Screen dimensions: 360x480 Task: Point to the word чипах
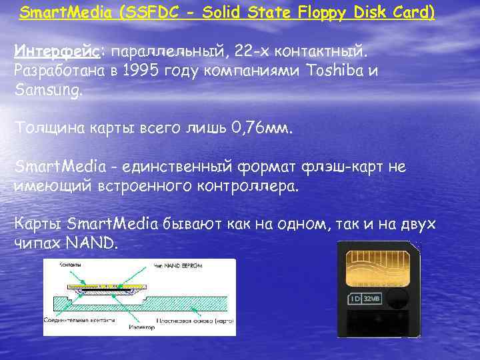[x=38, y=243]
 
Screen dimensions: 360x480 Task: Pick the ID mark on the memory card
[x=357, y=299]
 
